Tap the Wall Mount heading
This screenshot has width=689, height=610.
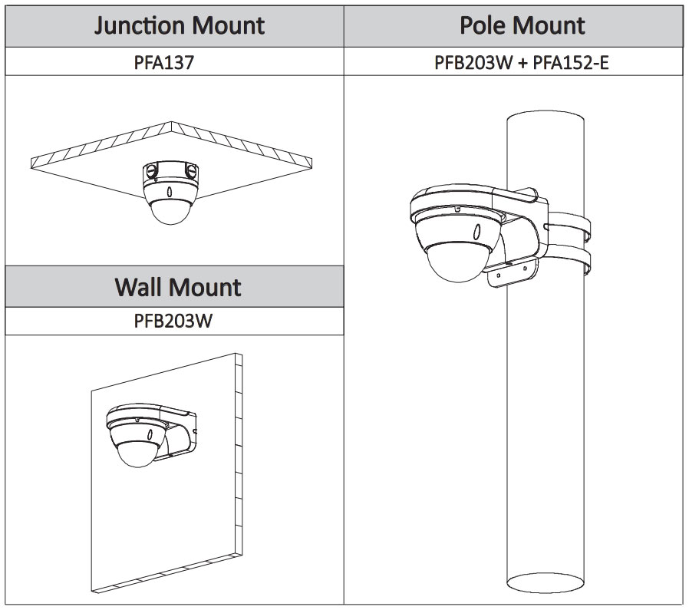click(178, 287)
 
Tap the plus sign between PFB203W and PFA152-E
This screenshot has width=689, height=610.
click(522, 61)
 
